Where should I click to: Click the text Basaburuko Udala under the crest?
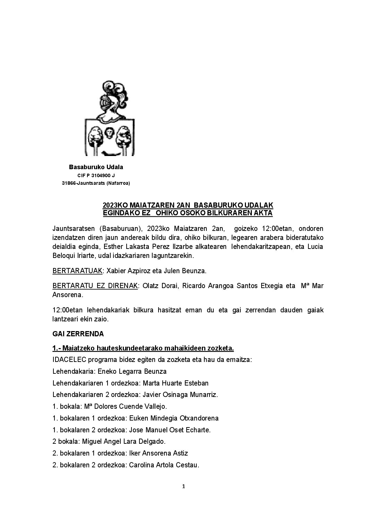(x=96, y=167)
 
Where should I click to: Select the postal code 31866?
(x=69, y=183)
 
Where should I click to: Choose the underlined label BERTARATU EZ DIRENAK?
(x=95, y=286)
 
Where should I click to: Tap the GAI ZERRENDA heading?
(x=78, y=334)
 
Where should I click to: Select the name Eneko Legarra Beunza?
(x=132, y=371)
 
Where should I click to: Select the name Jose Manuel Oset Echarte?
(x=170, y=430)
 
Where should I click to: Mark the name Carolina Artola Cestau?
(x=164, y=465)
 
